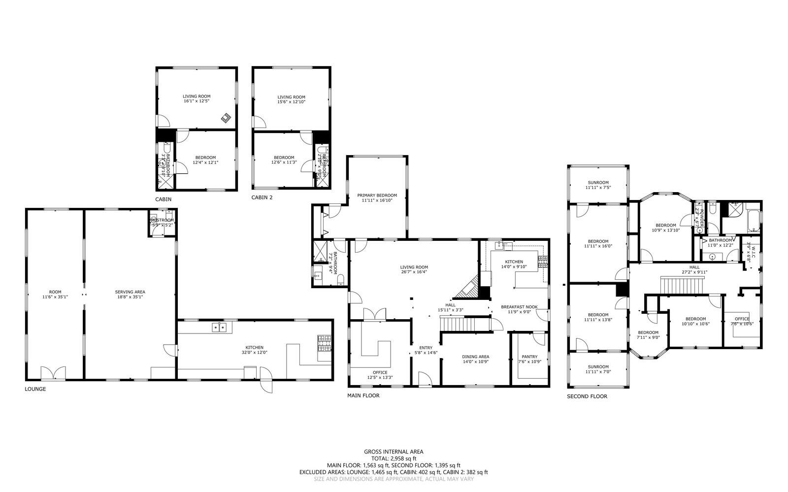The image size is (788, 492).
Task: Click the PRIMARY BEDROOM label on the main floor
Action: coord(377,196)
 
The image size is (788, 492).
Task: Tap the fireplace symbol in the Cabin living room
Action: coord(226,118)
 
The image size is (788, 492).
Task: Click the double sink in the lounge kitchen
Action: coord(219,327)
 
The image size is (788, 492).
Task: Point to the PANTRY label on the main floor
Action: coord(529,357)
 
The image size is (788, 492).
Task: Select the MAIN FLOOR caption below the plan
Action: coord(363,395)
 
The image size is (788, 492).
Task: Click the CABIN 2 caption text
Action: coord(262,197)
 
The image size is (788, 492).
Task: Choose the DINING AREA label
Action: coord(475,357)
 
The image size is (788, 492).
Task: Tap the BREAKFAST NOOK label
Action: coord(519,307)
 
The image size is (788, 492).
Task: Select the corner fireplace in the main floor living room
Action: coord(467,288)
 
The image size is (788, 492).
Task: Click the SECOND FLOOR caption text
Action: coord(587,396)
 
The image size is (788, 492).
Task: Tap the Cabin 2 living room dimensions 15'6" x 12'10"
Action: coord(291,102)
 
